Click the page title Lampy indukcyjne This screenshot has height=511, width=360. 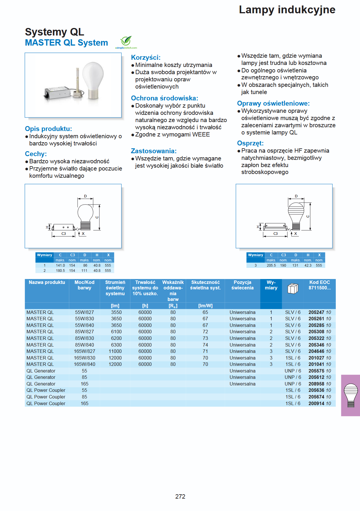pyautogui.click(x=287, y=10)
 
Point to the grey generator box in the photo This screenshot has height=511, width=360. pyautogui.click(x=57, y=92)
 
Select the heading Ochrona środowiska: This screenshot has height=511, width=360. pyautogui.click(x=164, y=98)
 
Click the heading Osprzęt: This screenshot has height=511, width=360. pyautogui.click(x=250, y=143)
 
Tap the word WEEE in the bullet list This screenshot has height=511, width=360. pyautogui.click(x=201, y=134)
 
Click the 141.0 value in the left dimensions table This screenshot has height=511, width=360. pyautogui.click(x=60, y=265)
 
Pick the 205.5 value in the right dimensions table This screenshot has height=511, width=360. pyautogui.click(x=271, y=265)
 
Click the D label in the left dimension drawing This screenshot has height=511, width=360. pyautogui.click(x=85, y=196)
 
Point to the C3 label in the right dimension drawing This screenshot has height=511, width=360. pyautogui.click(x=275, y=234)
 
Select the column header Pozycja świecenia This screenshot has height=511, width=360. pyautogui.click(x=242, y=285)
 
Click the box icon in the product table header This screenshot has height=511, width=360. pyautogui.click(x=292, y=288)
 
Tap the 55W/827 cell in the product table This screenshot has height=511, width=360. pyautogui.click(x=84, y=312)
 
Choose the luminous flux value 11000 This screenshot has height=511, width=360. pyautogui.click(x=115, y=351)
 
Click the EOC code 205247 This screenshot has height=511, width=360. pyautogui.click(x=316, y=312)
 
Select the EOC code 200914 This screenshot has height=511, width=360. pyautogui.click(x=316, y=403)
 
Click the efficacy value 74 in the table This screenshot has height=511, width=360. pyautogui.click(x=205, y=345)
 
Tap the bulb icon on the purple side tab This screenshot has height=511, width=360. pyautogui.click(x=351, y=395)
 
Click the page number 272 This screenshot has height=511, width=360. pyautogui.click(x=180, y=496)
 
